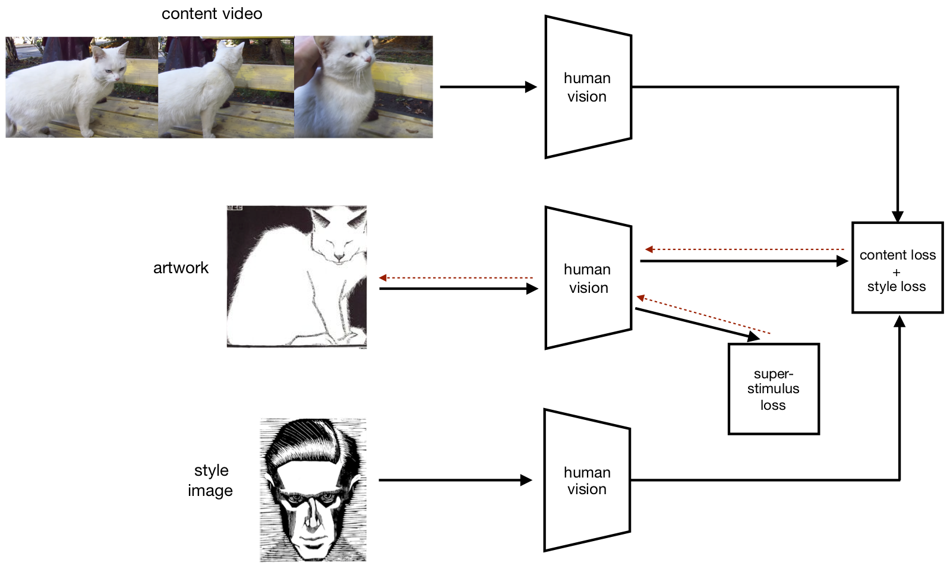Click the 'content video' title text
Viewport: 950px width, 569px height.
point(212,14)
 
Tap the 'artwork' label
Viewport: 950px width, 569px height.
point(181,268)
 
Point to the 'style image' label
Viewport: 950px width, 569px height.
point(210,481)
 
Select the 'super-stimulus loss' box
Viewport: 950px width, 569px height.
point(774,389)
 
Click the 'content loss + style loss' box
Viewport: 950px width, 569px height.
point(897,268)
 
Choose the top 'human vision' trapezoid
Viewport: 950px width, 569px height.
point(588,87)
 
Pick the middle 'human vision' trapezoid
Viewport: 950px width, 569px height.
point(588,278)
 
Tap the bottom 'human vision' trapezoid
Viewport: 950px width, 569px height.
point(586,480)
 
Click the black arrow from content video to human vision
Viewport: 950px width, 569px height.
point(487,87)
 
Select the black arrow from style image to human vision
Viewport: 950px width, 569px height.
point(455,480)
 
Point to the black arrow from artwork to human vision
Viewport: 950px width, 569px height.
point(457,289)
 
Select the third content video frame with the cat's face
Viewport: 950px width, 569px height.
point(364,87)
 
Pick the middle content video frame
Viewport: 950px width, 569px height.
point(226,87)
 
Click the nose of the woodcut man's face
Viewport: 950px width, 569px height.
point(311,517)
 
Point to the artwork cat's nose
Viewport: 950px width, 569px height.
point(339,257)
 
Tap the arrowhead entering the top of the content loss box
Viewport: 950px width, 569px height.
point(897,216)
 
